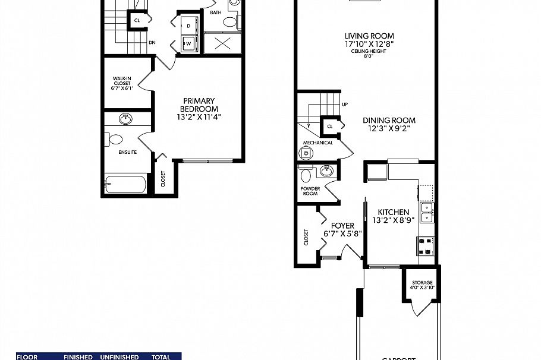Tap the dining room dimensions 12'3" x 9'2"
click(x=389, y=128)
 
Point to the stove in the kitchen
click(x=426, y=242)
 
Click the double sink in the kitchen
click(x=427, y=212)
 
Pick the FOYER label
click(x=342, y=226)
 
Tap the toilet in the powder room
click(x=306, y=176)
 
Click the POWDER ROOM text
click(x=310, y=191)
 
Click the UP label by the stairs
click(x=345, y=104)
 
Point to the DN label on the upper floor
click(x=152, y=42)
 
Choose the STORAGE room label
click(x=423, y=282)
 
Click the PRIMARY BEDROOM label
click(x=199, y=105)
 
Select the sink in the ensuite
click(x=125, y=119)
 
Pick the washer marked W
click(x=188, y=43)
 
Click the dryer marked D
click(x=188, y=26)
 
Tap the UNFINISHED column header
click(x=119, y=357)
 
